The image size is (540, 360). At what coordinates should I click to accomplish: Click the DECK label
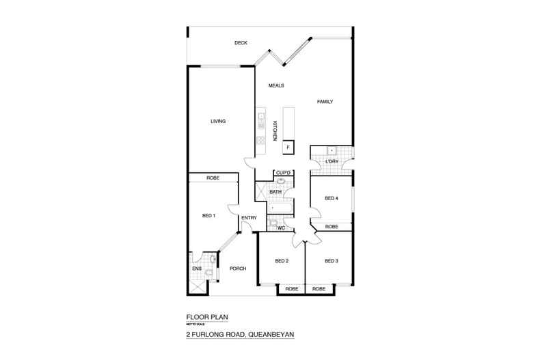[240, 43]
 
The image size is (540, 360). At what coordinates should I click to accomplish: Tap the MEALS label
[276, 85]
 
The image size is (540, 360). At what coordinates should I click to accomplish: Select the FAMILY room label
[325, 102]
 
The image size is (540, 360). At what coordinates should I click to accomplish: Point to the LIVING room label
[218, 121]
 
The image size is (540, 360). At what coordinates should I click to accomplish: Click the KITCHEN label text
[275, 130]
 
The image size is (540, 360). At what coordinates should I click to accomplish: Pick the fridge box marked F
[288, 147]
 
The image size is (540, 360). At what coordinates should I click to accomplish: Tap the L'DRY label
[333, 161]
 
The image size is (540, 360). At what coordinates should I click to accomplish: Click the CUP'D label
[284, 174]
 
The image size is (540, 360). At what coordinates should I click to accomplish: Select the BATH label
[275, 192]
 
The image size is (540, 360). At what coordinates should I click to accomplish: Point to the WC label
[280, 227]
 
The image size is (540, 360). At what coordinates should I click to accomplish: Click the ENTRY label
[249, 218]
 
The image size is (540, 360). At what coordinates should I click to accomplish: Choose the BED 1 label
[209, 216]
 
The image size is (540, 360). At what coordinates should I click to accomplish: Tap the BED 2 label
[282, 260]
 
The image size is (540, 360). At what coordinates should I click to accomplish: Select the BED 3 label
[332, 260]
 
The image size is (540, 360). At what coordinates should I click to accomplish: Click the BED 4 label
[332, 199]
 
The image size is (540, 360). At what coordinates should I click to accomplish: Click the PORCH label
[237, 268]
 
